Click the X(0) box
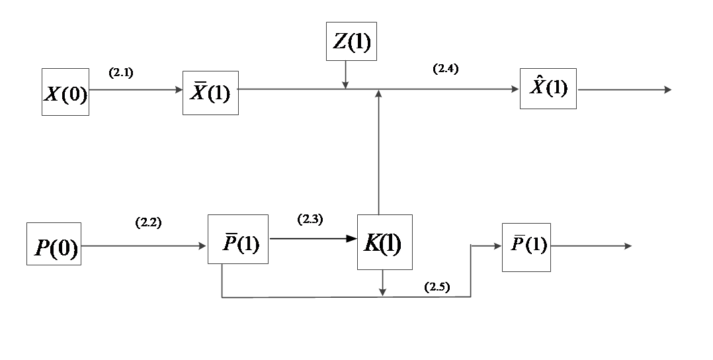pyautogui.click(x=65, y=92)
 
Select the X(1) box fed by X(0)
pyautogui.click(x=210, y=93)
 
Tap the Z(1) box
pyautogui.click(x=351, y=41)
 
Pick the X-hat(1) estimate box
pyautogui.click(x=548, y=89)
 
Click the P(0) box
pyautogui.click(x=54, y=244)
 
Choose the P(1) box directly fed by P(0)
pyautogui.click(x=237, y=240)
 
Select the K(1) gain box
pyautogui.click(x=384, y=242)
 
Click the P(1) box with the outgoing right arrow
pyautogui.click(x=526, y=247)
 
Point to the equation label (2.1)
pyautogui.click(x=122, y=73)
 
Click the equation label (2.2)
pyautogui.click(x=148, y=223)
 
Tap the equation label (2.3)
pyautogui.click(x=310, y=220)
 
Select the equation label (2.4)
pyautogui.click(x=445, y=69)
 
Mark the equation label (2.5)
pyautogui.click(x=437, y=287)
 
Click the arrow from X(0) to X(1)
pyautogui.click(x=136, y=90)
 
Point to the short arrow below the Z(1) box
pyautogui.click(x=345, y=74)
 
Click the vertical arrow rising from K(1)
pyautogui.click(x=378, y=152)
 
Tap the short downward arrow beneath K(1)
pyautogui.click(x=383, y=283)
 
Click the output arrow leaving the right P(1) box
pyautogui.click(x=591, y=246)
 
